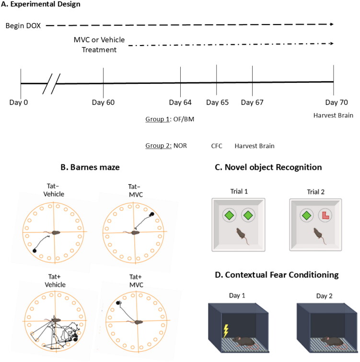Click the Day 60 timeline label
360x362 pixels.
pyautogui.click(x=104, y=102)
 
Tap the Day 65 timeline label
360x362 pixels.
pyautogui.click(x=217, y=102)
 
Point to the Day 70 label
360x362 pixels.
pyautogui.click(x=334, y=102)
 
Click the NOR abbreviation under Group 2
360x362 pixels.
pyautogui.click(x=180, y=146)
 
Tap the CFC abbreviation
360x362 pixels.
pyautogui.click(x=217, y=146)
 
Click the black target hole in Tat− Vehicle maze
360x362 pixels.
pyautogui.click(x=35, y=250)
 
